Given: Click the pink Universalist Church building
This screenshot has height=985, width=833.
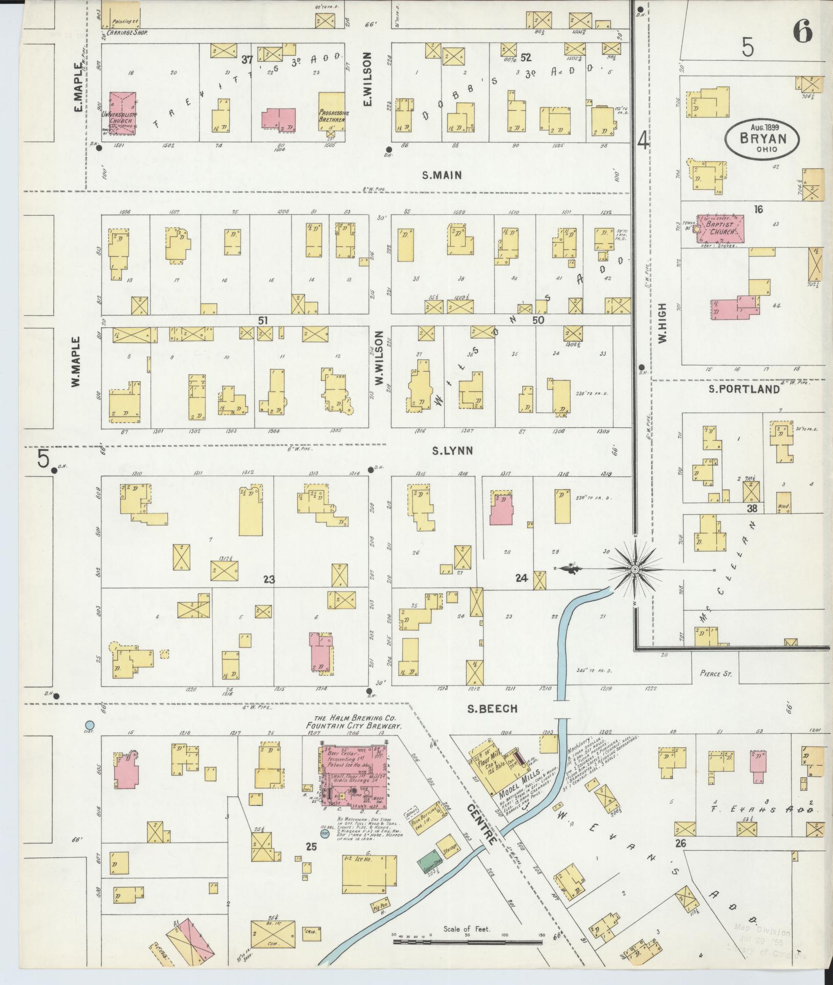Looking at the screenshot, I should tap(122, 113).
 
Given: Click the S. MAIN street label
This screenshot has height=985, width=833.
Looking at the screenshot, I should tap(442, 175).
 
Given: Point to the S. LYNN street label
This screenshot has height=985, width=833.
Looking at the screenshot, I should tap(452, 451).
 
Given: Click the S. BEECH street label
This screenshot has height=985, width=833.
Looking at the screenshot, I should tap(493, 708).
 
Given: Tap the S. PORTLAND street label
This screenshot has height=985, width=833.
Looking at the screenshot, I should tap(744, 389).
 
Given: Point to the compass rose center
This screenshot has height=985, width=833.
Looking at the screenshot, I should tap(635, 569).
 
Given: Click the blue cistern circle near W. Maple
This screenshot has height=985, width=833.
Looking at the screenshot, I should tap(90, 724).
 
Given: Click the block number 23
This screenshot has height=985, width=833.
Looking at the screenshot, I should tap(269, 579).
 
